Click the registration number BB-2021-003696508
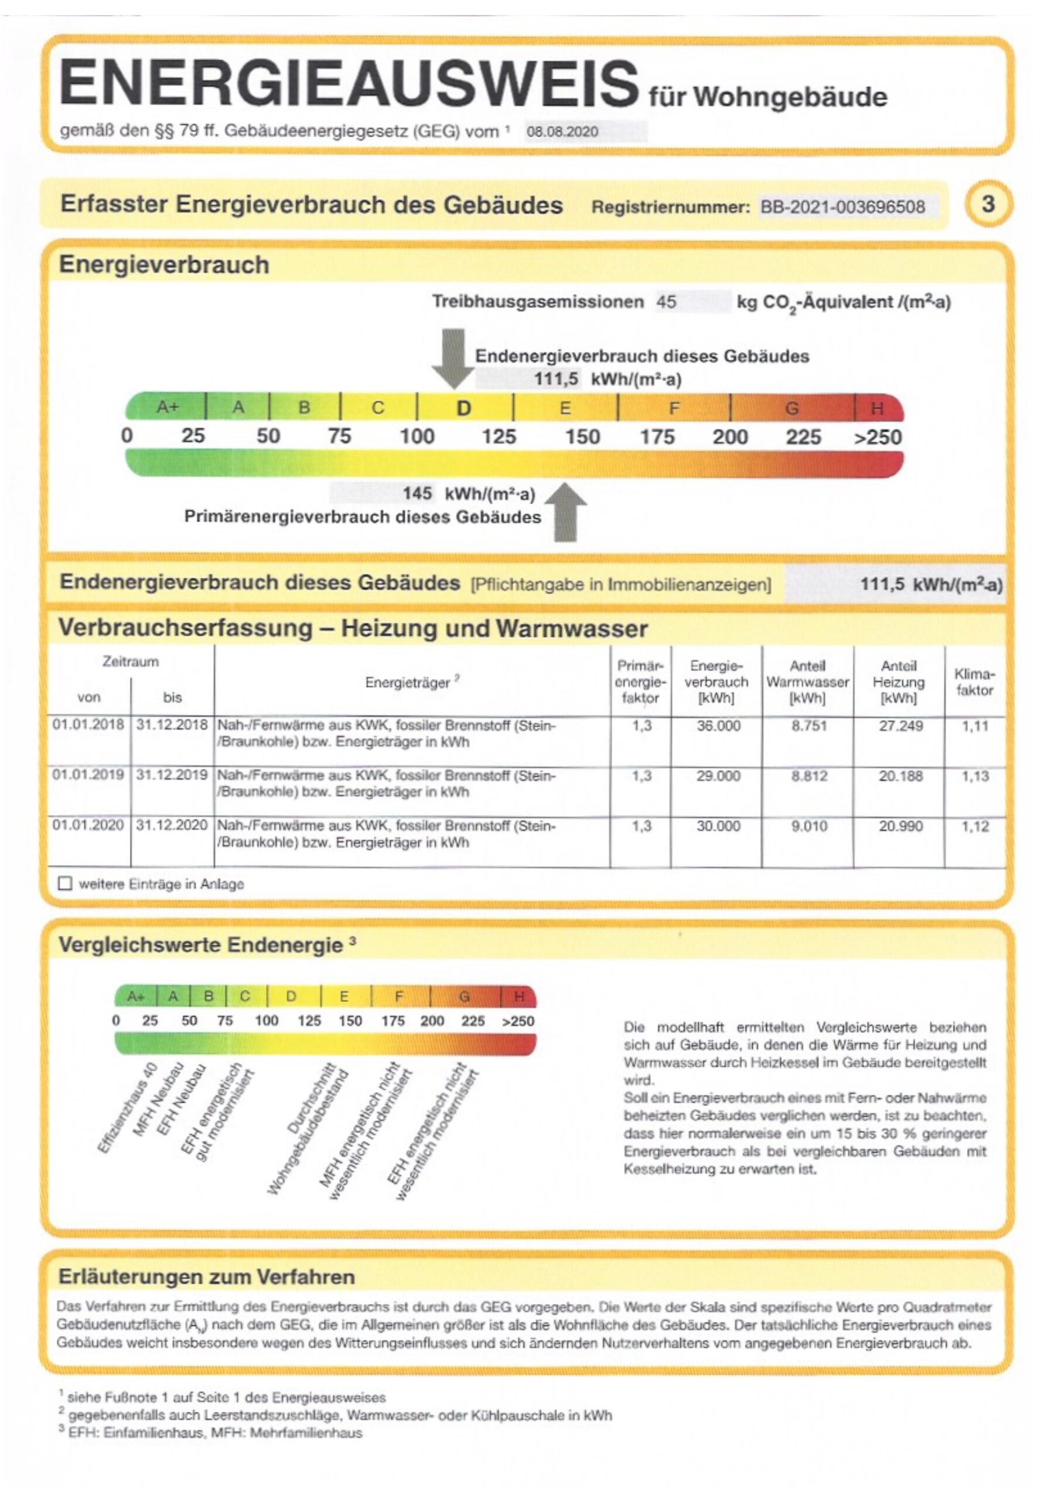point(842,207)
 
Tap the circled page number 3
point(988,204)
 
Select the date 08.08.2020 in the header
point(562,132)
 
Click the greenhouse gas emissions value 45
point(666,302)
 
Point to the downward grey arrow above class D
point(453,358)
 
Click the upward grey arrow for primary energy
point(565,512)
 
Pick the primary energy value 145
point(417,494)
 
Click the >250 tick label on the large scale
point(878,437)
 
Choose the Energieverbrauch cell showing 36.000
point(718,726)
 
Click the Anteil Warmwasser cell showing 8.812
point(809,776)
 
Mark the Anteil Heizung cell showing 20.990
point(900,827)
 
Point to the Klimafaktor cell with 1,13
point(975,776)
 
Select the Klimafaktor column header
point(974,682)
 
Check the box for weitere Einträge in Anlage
point(64,884)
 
